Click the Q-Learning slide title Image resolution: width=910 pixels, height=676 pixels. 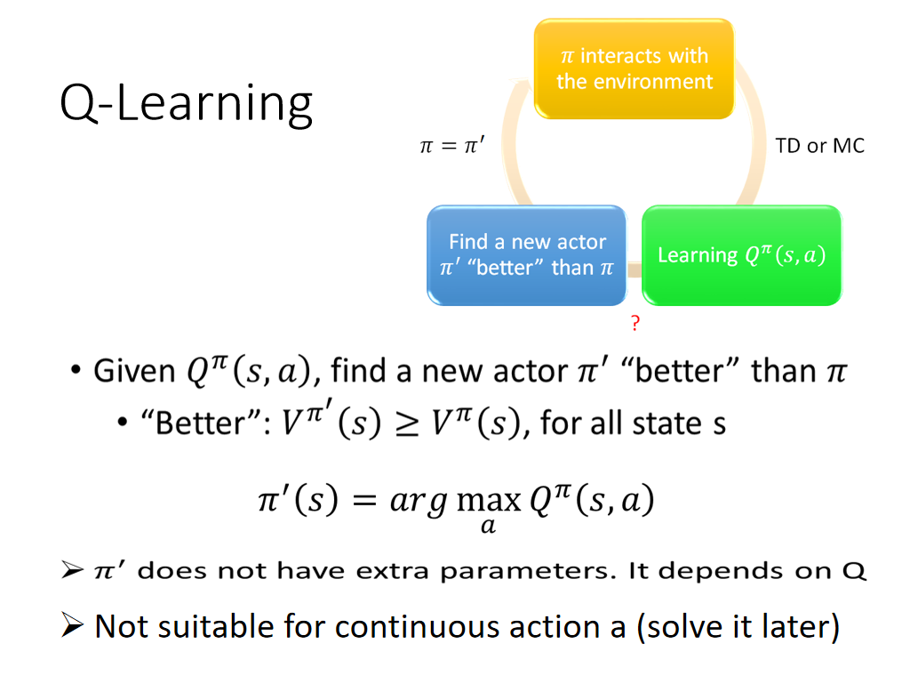(x=187, y=103)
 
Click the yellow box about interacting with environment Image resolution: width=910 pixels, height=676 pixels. (x=635, y=68)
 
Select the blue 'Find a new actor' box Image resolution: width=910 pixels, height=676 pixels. (x=527, y=255)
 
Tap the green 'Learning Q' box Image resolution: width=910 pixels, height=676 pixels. (x=742, y=255)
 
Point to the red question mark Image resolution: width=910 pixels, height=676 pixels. (x=635, y=322)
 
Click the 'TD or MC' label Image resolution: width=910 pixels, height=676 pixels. (x=819, y=146)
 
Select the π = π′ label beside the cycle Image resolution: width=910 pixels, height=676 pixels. (x=452, y=145)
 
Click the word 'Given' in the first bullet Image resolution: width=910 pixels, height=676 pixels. (x=134, y=371)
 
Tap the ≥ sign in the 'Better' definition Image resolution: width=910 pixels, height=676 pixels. (x=406, y=422)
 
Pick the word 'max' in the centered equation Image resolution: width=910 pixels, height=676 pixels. (x=489, y=501)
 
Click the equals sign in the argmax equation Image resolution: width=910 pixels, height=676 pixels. (x=364, y=501)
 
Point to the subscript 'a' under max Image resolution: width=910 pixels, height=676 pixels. (x=488, y=526)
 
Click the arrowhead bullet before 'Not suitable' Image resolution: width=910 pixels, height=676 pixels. (x=72, y=625)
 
